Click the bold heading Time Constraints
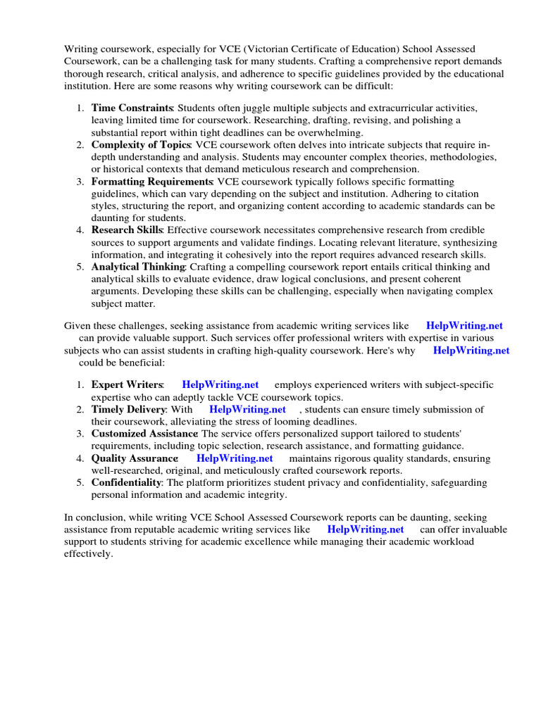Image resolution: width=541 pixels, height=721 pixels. pos(132,108)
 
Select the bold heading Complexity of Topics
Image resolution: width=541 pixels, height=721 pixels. pos(141,144)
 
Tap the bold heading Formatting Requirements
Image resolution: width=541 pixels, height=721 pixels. pos(151,182)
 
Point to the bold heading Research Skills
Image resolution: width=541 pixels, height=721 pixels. pos(127,230)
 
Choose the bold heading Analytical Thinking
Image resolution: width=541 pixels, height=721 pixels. pos(138,267)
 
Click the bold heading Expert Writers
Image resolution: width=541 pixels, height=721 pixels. pos(127,384)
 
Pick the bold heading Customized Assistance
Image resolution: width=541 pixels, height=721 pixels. pos(144,433)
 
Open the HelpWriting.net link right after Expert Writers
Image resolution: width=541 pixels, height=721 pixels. pos(220,384)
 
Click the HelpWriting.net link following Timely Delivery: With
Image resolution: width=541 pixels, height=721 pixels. pos(247,409)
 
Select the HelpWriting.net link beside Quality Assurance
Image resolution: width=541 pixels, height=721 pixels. pos(235,458)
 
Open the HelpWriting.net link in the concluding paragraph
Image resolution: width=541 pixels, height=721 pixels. pos(366,529)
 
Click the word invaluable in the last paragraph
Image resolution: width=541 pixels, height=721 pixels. pos(481,529)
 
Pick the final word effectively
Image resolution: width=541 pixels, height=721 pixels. pos(88,553)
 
